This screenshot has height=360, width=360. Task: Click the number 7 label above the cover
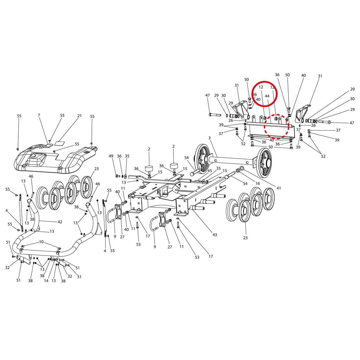pos(39,115)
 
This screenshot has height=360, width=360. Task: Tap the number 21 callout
pos(79,115)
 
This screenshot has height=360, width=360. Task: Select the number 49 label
pos(111,156)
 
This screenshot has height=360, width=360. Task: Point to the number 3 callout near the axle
pos(209,138)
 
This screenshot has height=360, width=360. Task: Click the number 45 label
pos(210,171)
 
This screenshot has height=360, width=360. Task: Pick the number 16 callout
pos(258,184)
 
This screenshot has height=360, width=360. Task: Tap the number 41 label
pos(278,188)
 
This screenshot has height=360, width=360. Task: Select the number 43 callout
pos(215,235)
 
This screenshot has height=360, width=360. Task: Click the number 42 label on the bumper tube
pos(60,222)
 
